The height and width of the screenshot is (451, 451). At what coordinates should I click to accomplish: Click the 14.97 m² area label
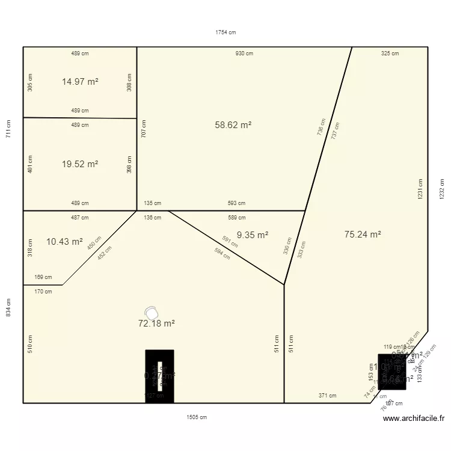coord(80,82)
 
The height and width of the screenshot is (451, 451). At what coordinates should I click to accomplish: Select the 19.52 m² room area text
coord(80,164)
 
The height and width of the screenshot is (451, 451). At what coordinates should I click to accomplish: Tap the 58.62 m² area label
coord(233,125)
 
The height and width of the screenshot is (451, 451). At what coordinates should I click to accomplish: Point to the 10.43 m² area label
coord(64,242)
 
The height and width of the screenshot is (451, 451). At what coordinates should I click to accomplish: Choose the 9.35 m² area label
coord(253,236)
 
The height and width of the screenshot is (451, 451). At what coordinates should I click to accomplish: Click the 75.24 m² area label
coord(363,235)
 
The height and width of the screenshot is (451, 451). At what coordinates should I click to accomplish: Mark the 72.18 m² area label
coord(156,324)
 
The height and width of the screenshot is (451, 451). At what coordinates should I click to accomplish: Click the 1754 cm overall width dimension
coord(226,32)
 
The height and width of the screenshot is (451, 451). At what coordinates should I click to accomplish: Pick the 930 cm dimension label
coord(244,54)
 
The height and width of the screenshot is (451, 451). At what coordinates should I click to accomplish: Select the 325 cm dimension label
coord(390,54)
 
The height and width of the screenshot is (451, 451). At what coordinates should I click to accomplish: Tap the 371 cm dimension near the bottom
coord(328,396)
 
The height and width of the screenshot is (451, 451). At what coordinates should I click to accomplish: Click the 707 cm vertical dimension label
coord(144,129)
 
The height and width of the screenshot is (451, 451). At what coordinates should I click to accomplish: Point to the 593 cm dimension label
coord(236,203)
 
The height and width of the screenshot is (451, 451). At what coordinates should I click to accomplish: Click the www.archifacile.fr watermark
coord(413,419)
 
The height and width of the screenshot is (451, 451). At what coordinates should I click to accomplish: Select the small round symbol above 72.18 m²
coord(153,313)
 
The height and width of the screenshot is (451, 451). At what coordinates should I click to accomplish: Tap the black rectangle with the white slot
coord(159,376)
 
